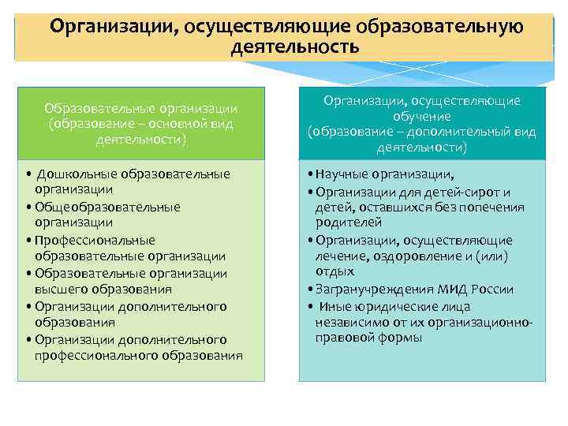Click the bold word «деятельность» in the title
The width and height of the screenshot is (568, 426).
click(295, 47)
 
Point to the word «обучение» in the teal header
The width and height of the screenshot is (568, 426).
click(421, 117)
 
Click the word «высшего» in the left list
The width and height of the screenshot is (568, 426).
click(61, 290)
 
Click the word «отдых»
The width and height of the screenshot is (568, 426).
click(334, 272)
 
